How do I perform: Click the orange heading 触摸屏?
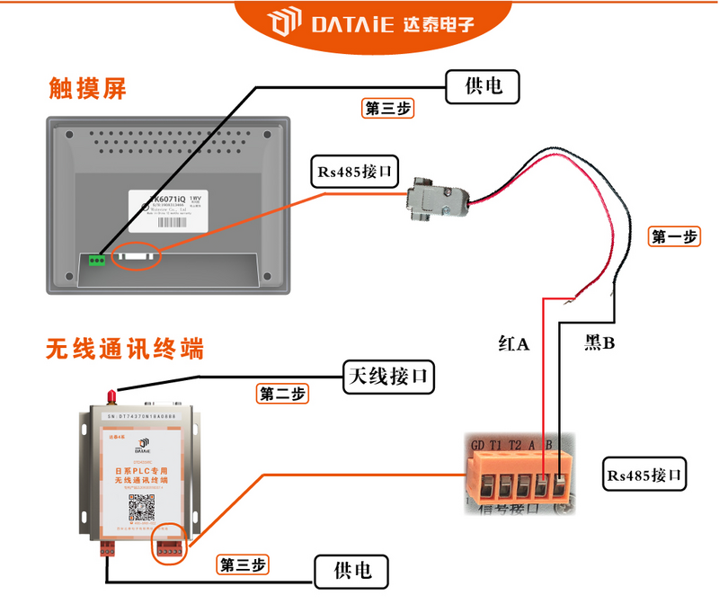point(87,88)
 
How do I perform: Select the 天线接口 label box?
point(389,377)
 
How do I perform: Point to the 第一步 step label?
point(673,237)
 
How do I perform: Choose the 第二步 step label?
point(283,394)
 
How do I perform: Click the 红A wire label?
point(514,342)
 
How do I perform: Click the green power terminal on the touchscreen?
point(96,259)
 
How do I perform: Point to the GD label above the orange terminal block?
point(476,443)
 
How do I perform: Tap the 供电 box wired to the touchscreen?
point(484,87)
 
